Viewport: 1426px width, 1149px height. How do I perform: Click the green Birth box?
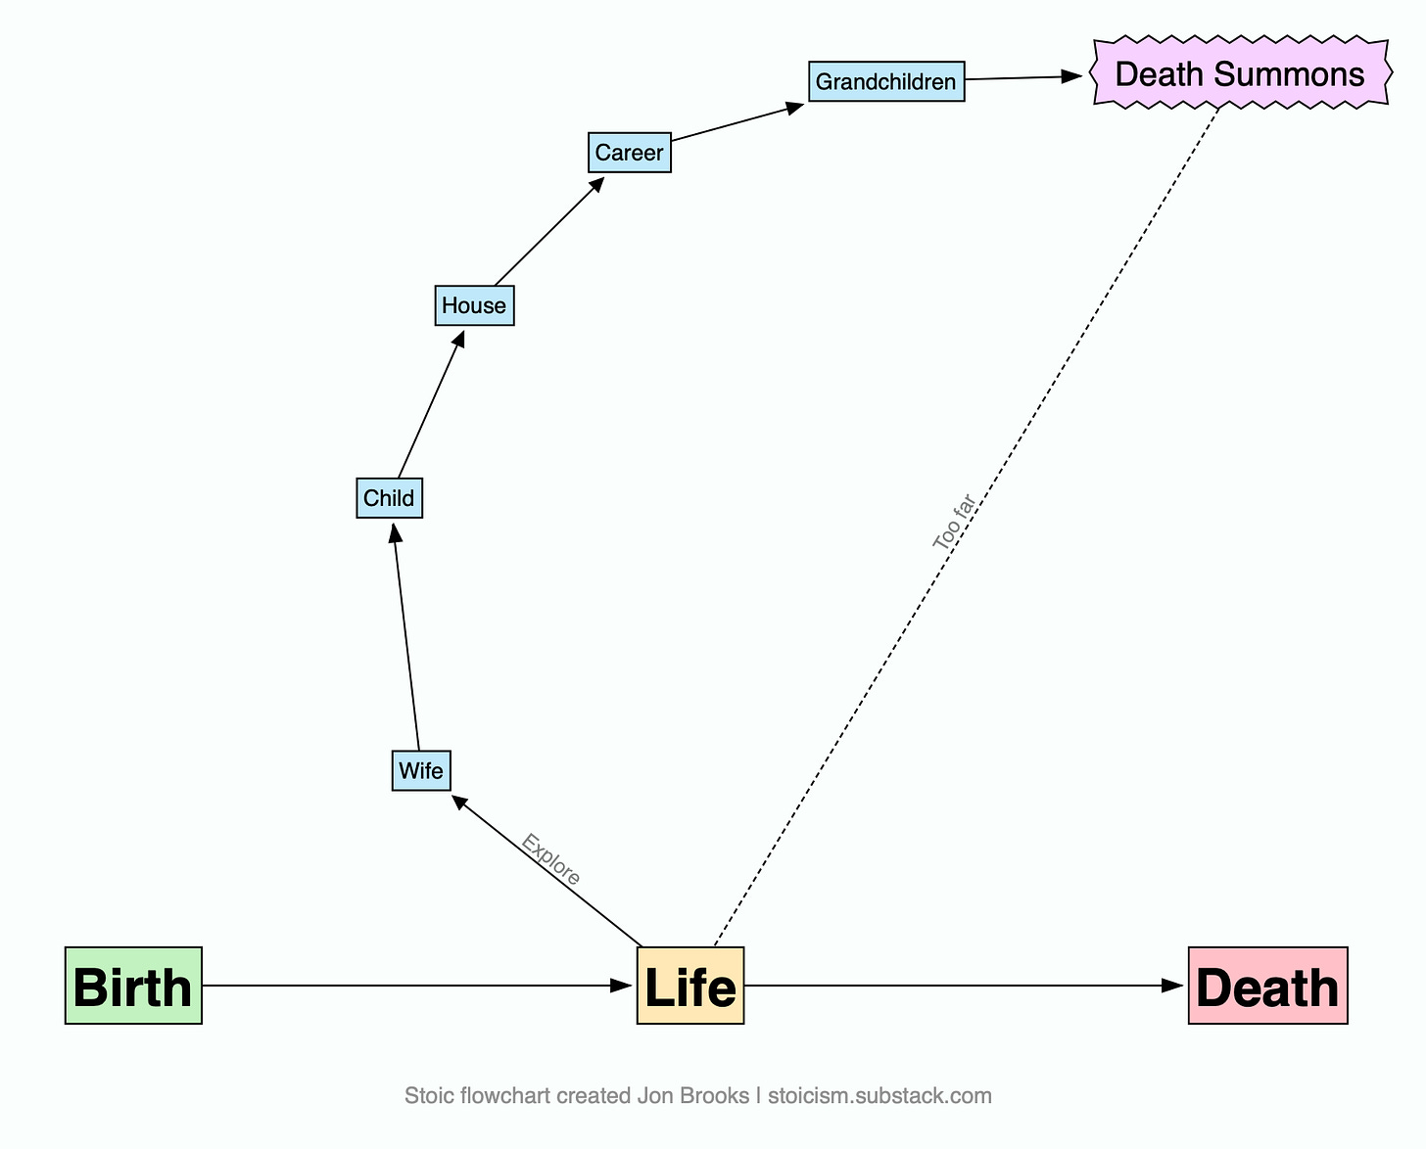133,986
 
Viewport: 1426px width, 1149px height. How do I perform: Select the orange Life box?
690,986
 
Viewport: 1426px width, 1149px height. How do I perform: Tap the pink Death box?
1267,986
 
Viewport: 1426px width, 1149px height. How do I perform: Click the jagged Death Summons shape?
1241,72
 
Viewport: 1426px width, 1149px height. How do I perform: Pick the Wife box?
421,770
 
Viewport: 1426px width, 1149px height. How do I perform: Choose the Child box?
389,498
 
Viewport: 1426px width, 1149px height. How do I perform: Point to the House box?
474,305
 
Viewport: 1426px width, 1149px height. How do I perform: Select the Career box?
630,153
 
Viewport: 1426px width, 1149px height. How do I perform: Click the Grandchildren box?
886,81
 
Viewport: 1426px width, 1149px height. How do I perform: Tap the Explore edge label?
551,859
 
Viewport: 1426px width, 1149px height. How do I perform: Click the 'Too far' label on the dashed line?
954,522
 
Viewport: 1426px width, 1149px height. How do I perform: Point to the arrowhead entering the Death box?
1172,986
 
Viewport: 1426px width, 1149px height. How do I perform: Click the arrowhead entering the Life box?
621,986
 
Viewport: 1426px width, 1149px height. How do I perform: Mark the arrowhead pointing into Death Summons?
1071,76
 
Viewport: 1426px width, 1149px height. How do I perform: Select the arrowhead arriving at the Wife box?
459,802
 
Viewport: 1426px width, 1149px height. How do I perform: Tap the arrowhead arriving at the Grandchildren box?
794,108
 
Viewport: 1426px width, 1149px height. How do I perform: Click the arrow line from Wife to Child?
406,636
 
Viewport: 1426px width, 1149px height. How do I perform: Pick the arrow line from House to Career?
549,231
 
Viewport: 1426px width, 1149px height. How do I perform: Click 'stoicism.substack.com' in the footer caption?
879,1095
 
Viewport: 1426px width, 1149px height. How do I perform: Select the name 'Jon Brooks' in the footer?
693,1095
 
